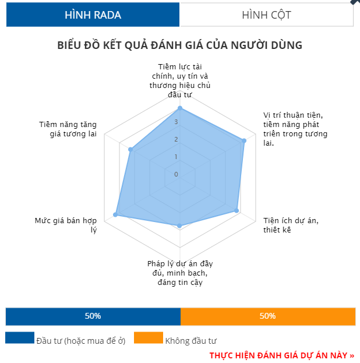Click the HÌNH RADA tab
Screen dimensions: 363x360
(x=93, y=15)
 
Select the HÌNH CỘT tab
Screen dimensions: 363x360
(x=266, y=15)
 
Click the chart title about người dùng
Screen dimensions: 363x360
(x=180, y=45)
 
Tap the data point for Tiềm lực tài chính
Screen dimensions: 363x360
(x=180, y=108)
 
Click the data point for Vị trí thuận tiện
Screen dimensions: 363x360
(x=244, y=141)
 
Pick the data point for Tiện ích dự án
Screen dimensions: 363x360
(x=237, y=211)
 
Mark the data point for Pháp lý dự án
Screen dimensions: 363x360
(x=180, y=225)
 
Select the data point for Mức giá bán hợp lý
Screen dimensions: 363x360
(x=115, y=215)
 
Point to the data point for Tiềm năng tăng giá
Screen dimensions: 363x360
(x=130, y=150)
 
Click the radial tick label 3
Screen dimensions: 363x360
(x=176, y=122)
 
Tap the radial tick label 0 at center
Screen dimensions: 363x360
(x=176, y=174)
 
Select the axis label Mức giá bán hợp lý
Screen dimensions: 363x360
(x=65, y=225)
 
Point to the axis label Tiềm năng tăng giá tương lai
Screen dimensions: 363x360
(x=68, y=129)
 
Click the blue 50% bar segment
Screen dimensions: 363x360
(x=93, y=316)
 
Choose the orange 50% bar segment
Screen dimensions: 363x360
(x=267, y=316)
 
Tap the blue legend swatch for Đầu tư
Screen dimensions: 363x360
(x=20, y=338)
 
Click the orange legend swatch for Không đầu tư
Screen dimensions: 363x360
(x=148, y=338)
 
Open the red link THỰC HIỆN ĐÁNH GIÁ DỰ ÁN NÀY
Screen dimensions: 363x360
(x=281, y=355)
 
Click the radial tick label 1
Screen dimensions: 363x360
(x=176, y=156)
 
